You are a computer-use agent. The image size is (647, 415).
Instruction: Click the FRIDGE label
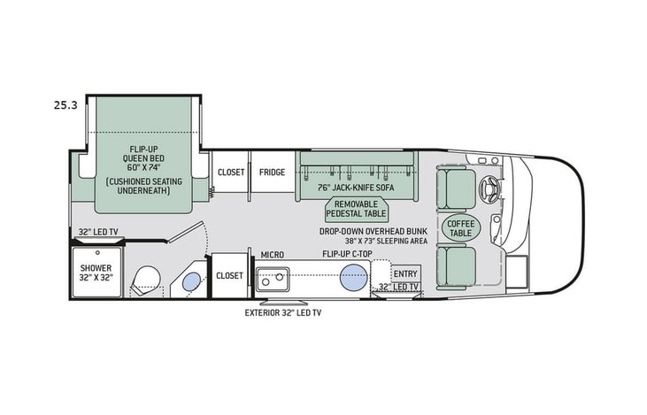(x=272, y=172)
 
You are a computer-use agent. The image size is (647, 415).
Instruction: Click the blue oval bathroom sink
(x=189, y=282)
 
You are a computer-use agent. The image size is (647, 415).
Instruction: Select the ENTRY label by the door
(x=404, y=273)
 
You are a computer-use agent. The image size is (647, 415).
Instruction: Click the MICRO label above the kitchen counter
(x=272, y=255)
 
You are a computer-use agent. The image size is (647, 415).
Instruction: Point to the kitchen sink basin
(x=273, y=280)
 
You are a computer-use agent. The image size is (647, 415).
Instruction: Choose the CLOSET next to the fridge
(x=230, y=172)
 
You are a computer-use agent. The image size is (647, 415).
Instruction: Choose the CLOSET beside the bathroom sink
(x=229, y=276)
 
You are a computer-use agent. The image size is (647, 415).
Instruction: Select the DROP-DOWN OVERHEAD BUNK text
(x=374, y=230)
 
